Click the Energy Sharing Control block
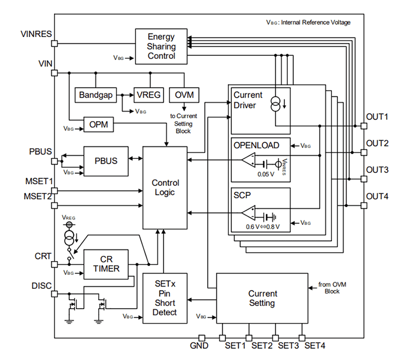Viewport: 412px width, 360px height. pyautogui.click(x=161, y=46)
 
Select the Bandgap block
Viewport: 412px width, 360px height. pyautogui.click(x=95, y=95)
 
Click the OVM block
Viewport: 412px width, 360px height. pyautogui.click(x=184, y=95)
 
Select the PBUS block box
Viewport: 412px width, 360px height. pyautogui.click(x=106, y=161)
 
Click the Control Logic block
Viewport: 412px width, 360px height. pyautogui.click(x=165, y=188)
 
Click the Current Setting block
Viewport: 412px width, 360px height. pyautogui.click(x=261, y=298)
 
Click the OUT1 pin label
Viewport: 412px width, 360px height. pyautogui.click(x=377, y=116)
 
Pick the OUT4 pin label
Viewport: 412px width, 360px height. pyautogui.click(x=377, y=196)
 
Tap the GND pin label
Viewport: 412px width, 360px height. pyautogui.click(x=200, y=346)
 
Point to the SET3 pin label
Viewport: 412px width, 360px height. pyautogui.click(x=288, y=346)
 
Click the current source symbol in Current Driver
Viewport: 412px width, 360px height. pyautogui.click(x=274, y=104)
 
